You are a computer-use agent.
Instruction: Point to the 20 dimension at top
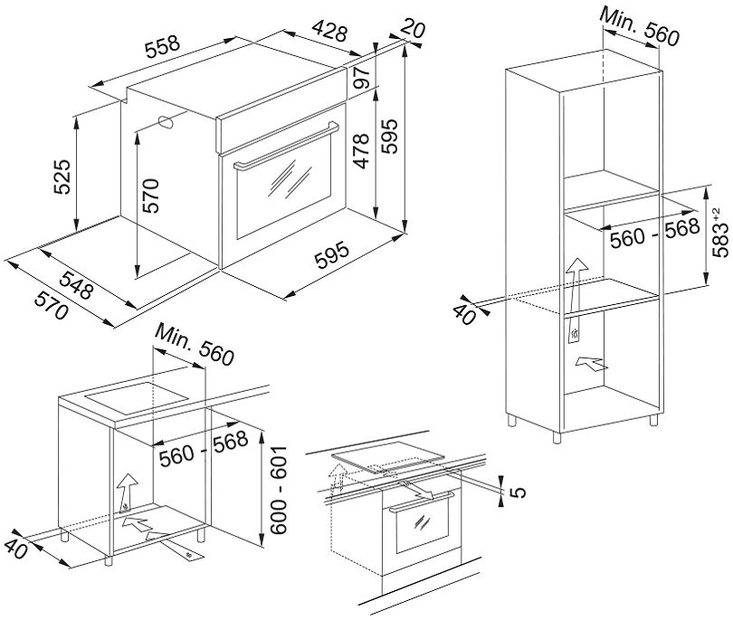click(x=412, y=31)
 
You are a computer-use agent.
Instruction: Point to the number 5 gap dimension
click(x=517, y=492)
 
